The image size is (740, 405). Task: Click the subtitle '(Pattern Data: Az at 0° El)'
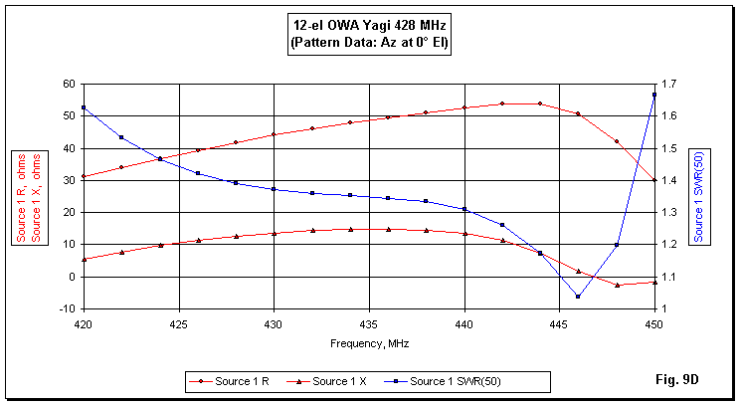[369, 44]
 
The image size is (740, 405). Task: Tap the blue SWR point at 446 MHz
[578, 297]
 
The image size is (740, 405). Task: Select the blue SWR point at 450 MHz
[654, 95]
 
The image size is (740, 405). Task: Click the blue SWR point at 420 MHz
[84, 107]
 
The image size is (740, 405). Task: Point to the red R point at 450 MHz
[654, 180]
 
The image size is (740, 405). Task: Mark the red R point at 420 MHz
[84, 176]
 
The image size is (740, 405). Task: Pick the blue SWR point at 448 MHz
[617, 245]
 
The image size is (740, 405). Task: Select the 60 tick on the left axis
[69, 84]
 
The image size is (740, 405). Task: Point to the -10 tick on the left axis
[67, 308]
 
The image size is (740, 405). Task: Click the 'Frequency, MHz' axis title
[369, 342]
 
